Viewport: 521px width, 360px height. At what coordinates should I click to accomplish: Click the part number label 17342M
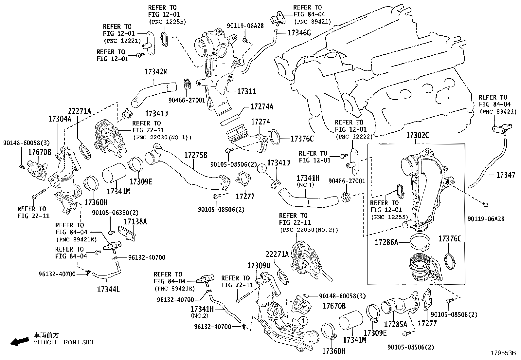pos(156,71)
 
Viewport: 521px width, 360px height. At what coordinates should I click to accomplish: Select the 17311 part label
pos(246,91)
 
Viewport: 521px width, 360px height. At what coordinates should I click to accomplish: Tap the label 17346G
pos(299,32)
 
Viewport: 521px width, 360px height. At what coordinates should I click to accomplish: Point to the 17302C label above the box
pos(418,135)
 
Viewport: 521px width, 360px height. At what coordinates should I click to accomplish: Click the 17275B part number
pos(196,155)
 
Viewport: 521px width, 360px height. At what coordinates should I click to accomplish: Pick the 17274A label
pos(262,106)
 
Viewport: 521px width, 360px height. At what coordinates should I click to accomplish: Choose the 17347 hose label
pos(506,175)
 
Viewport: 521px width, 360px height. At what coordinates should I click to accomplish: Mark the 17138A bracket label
pos(135,222)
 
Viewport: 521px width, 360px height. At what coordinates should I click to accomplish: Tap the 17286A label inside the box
pos(386,242)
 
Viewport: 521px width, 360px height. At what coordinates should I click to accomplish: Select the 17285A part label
pos(395,324)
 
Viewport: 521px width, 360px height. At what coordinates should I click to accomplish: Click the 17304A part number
pos(60,119)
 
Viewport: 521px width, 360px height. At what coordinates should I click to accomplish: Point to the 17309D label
pos(259,265)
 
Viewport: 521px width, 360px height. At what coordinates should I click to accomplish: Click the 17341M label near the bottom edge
pos(354,340)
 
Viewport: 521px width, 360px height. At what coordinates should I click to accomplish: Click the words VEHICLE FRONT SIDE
pos(64,342)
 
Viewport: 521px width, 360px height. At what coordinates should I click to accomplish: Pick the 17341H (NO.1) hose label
pos(308,178)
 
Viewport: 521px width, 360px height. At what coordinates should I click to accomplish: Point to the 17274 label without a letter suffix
pos(260,122)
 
